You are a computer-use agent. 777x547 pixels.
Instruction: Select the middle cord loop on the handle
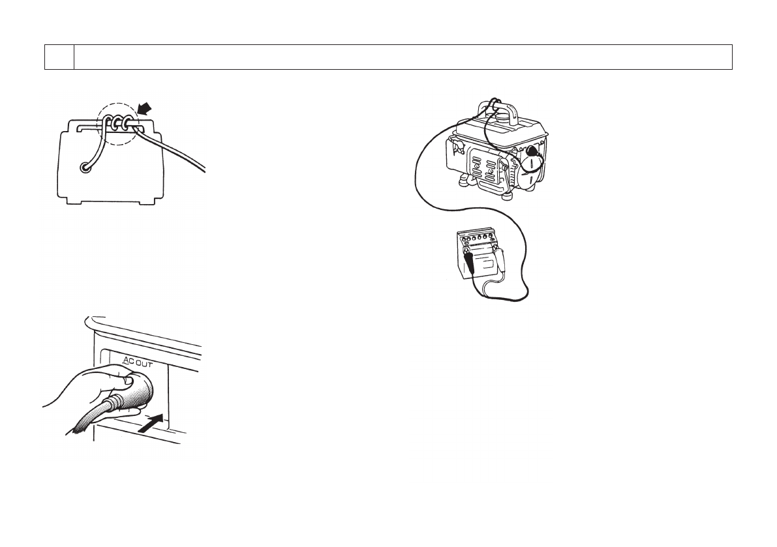(x=119, y=122)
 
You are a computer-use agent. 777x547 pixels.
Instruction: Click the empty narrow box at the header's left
(x=59, y=57)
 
